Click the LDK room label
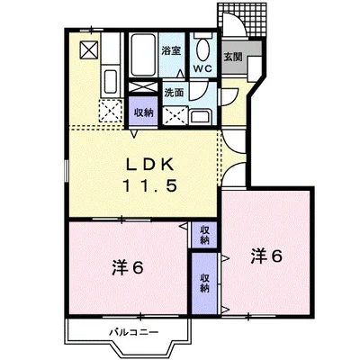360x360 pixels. click(149, 165)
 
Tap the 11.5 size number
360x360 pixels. click(149, 186)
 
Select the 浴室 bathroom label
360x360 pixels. click(171, 50)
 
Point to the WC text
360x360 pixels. click(202, 68)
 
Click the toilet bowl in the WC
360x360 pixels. click(202, 50)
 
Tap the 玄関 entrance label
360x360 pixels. click(233, 57)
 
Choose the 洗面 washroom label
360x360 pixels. click(174, 93)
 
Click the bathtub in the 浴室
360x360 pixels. click(143, 55)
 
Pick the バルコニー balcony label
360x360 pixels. click(133, 332)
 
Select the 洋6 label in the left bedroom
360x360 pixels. click(128, 267)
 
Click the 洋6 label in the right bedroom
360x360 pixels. click(266, 256)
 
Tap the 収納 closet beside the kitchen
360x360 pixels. click(143, 111)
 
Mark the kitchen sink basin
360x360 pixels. click(111, 82)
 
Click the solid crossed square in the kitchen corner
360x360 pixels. click(89, 49)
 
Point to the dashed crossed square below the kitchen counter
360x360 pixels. click(111, 110)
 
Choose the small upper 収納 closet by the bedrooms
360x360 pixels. click(204, 235)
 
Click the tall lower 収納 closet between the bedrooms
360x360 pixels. click(204, 283)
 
